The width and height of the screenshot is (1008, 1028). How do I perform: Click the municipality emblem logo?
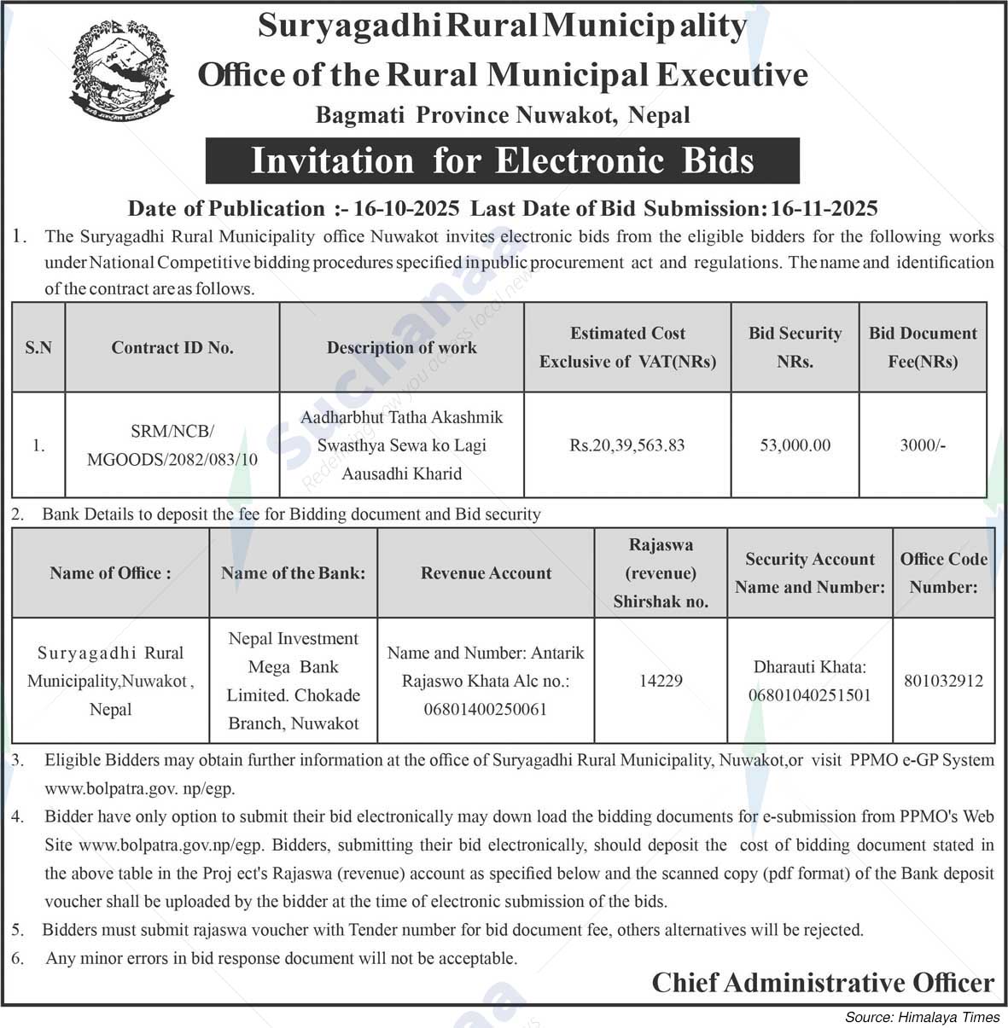(x=120, y=67)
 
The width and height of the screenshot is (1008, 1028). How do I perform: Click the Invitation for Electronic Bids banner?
(x=502, y=161)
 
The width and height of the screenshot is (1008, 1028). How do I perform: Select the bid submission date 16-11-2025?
(x=824, y=208)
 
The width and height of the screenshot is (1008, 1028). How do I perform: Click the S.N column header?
(x=38, y=347)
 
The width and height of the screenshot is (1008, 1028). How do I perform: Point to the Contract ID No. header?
(x=172, y=347)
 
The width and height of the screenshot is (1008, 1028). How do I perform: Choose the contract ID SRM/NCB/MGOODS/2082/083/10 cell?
(x=172, y=445)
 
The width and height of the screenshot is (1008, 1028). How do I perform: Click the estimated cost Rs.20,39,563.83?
(x=627, y=445)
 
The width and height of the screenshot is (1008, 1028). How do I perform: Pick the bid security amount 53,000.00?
(x=795, y=445)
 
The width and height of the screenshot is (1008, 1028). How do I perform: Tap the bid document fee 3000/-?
(x=923, y=445)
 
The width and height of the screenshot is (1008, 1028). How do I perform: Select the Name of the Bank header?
(x=293, y=573)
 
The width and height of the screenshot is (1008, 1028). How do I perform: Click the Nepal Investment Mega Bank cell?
(x=293, y=681)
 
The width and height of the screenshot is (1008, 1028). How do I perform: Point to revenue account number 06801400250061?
(x=485, y=709)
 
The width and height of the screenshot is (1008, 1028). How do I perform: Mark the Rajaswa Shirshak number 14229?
(x=661, y=681)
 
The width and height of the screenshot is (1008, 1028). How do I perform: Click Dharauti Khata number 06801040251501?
(x=809, y=695)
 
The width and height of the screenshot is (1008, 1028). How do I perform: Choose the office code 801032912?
(x=943, y=681)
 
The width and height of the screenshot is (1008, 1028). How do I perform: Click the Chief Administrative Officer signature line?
(x=823, y=983)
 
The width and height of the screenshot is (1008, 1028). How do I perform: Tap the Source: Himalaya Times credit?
(x=922, y=1017)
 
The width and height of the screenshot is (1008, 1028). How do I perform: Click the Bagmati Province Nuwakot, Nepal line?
(x=502, y=114)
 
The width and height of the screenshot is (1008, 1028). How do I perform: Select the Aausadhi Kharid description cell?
(x=401, y=445)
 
